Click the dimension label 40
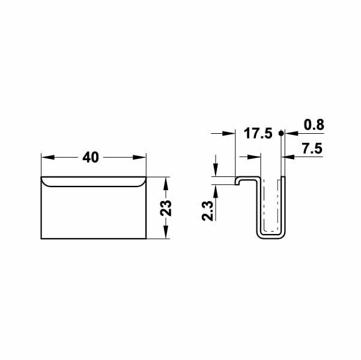[x=91, y=158]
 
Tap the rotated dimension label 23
[x=166, y=208]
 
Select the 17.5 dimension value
[x=258, y=133]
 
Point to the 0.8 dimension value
[x=314, y=125]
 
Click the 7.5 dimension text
[x=312, y=149]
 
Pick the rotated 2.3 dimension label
[x=207, y=211]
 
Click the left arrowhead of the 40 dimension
[x=48, y=157]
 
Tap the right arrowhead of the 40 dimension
[x=139, y=157]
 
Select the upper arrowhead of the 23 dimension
[x=166, y=184]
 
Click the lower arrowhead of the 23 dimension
[x=166, y=232]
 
